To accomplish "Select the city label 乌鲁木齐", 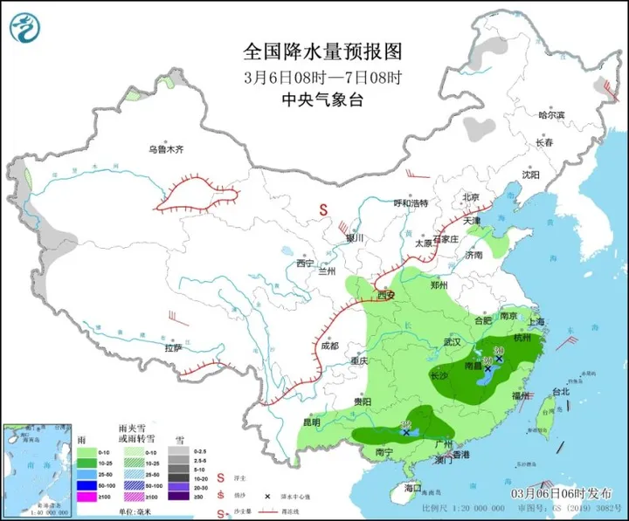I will point(166,149).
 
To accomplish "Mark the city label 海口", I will point(413,488).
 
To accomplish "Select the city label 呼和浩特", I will point(411,203).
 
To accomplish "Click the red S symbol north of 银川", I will point(323,209).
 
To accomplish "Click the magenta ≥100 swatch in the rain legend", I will point(86,497).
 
